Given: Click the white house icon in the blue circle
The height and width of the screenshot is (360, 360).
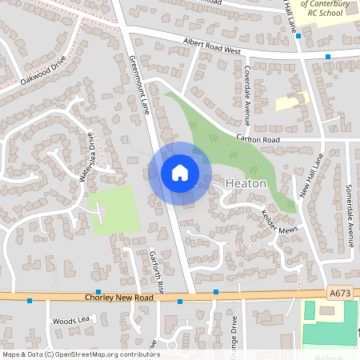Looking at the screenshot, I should (x=180, y=172).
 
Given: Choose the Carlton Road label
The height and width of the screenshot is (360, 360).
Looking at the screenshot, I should (x=257, y=138).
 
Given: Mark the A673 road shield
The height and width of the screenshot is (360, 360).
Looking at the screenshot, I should (x=339, y=294).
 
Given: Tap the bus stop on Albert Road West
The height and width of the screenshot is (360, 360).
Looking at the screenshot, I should (x=328, y=57).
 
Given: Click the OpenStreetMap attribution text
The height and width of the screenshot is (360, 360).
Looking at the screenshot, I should (x=81, y=354).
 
